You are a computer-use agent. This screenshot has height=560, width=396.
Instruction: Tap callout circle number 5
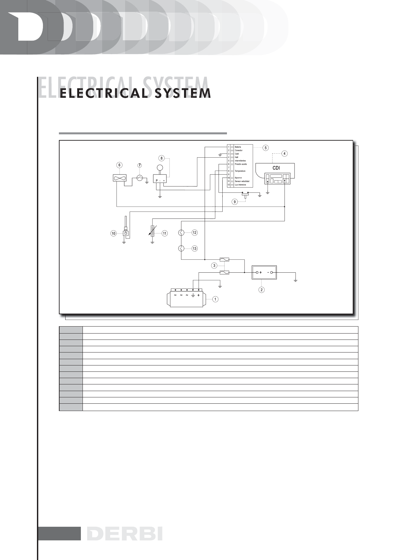(x=265, y=148)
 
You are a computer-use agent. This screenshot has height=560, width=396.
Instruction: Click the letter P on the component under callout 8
(x=156, y=180)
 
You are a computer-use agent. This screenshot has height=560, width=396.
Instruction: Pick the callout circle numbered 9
(x=235, y=202)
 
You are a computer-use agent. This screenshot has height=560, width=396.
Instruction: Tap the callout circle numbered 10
(x=114, y=233)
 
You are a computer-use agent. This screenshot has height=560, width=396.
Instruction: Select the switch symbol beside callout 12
(x=181, y=233)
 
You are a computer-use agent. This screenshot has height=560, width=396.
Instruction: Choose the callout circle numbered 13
(x=195, y=248)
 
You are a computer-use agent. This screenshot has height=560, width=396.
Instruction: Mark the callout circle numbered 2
(x=262, y=290)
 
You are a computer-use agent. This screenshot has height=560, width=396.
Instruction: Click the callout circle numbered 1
(x=215, y=299)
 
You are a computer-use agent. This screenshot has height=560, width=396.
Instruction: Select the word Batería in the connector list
(x=238, y=147)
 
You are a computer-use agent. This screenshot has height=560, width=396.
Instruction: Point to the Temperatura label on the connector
(x=240, y=171)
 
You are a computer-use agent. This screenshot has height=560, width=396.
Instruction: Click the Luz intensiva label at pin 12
(x=240, y=185)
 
